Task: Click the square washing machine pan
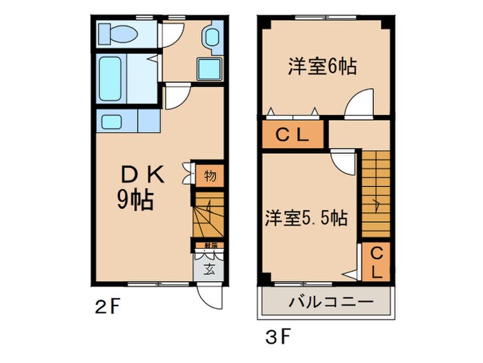click(209, 68)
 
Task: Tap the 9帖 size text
click(135, 201)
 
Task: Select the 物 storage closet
click(210, 176)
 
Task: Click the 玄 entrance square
click(208, 270)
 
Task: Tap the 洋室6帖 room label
click(322, 67)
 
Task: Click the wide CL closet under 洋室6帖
click(292, 136)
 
